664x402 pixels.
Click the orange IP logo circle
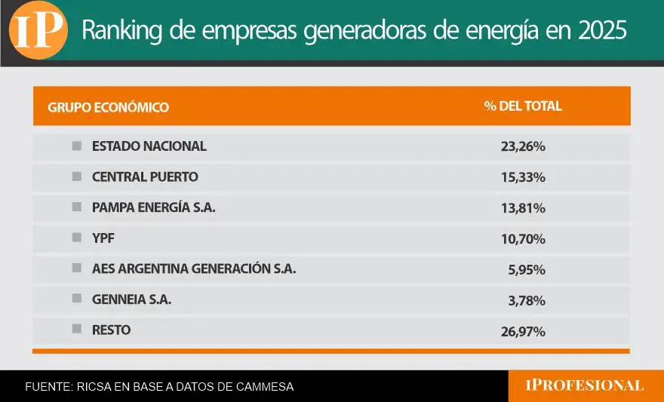[38, 30]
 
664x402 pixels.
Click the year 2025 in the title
[601, 30]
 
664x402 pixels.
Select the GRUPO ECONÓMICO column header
[109, 107]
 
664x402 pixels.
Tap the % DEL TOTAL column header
[523, 106]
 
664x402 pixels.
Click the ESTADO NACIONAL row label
[149, 146]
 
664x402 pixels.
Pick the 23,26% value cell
[523, 147]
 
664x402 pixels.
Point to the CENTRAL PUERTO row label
[145, 177]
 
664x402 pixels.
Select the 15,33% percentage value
[523, 178]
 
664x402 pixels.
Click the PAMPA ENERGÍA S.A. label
[154, 207]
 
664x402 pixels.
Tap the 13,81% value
[523, 208]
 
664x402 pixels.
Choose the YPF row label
[103, 238]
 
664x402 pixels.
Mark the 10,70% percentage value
[523, 239]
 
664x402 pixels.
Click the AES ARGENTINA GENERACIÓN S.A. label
[194, 269]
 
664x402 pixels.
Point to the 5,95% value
[527, 270]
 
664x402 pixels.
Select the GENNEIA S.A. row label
[131, 299]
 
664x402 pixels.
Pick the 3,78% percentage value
[527, 301]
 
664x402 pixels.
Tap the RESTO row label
[111, 330]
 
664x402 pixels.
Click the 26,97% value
[523, 331]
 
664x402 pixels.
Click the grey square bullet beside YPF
[76, 238]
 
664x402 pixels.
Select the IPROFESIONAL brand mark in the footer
[585, 385]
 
